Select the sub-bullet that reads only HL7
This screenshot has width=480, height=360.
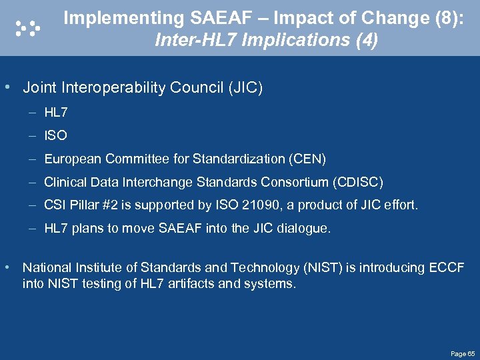tap(56, 112)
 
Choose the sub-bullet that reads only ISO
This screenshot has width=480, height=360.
tap(55, 135)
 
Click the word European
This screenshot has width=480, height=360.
tap(70, 159)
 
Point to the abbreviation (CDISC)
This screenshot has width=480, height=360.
tap(359, 182)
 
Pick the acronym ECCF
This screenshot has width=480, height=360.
tap(447, 267)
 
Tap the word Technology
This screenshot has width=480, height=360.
tap(259, 267)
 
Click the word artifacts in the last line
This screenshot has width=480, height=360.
tap(179, 283)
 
